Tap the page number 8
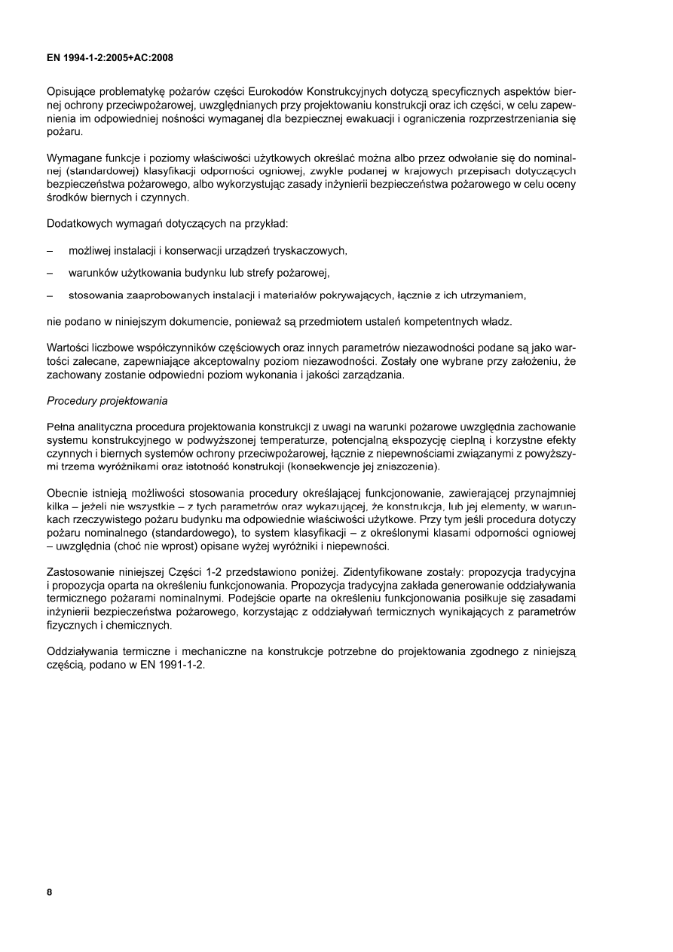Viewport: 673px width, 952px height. [x=50, y=893]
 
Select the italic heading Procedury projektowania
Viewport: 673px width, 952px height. [x=107, y=399]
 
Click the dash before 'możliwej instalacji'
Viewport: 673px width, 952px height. [x=50, y=249]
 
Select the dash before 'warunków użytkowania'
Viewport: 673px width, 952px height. [x=50, y=272]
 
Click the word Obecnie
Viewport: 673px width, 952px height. [x=68, y=493]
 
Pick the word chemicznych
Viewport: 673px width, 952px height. [x=139, y=626]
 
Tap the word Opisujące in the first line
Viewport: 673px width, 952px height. [x=74, y=91]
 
